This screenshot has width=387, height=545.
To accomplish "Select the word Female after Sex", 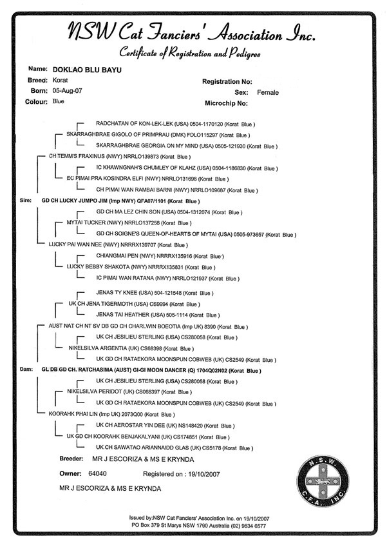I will [268, 92].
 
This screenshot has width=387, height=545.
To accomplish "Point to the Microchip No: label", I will [226, 103].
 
